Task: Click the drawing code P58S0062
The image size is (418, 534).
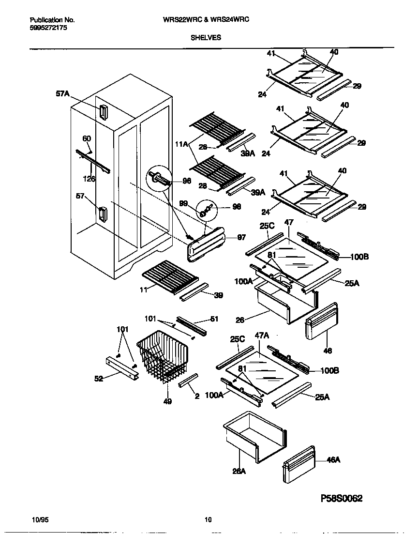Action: point(342,498)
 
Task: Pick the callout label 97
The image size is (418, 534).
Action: point(241,238)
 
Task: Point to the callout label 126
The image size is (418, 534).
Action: point(89,179)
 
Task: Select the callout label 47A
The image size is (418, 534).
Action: point(262,348)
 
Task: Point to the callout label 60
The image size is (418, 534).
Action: point(87,138)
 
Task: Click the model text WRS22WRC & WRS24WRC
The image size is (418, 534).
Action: point(209,20)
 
